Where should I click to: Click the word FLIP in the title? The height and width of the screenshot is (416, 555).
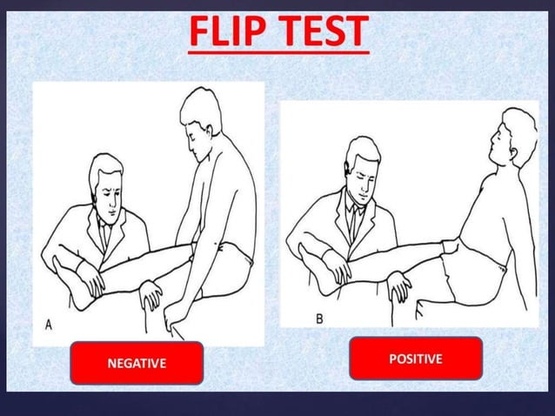point(229,33)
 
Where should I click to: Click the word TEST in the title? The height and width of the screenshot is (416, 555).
point(322,33)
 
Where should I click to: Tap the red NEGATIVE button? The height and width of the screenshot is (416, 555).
point(136,363)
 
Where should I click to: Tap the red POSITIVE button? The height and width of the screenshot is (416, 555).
point(415,358)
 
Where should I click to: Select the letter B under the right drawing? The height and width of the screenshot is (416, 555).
point(319,319)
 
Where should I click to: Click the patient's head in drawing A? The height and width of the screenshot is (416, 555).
point(202,117)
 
